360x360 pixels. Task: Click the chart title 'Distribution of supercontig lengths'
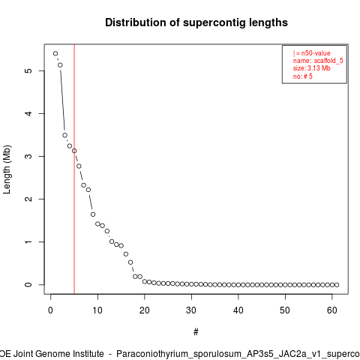tap(196, 22)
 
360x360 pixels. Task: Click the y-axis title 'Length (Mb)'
tap(7, 169)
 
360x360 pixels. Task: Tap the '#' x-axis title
tap(196, 332)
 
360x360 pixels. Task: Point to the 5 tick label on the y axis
tap(28, 70)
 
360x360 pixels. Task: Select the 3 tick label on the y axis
tap(28, 156)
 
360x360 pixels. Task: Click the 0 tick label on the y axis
tap(28, 284)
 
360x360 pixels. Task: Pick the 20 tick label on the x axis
tap(145, 310)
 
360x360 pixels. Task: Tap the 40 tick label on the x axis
tap(238, 310)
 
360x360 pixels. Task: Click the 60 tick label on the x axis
tap(332, 310)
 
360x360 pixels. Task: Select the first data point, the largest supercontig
tap(55, 53)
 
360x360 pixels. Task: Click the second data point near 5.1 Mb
tap(60, 65)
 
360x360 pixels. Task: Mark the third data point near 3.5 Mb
tap(64, 135)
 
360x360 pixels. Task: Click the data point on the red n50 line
tap(74, 151)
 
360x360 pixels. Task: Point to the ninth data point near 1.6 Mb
tap(93, 214)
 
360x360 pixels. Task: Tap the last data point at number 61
tap(337, 285)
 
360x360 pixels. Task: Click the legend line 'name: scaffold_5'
tap(318, 61)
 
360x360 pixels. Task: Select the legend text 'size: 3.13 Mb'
tap(312, 68)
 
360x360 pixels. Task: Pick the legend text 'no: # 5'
tap(303, 76)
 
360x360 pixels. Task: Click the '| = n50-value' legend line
tap(312, 53)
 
